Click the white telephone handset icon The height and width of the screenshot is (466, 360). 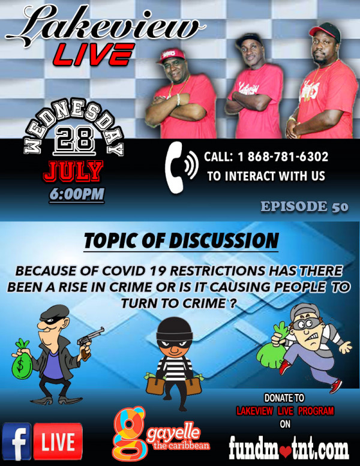pyautogui.click(x=174, y=167)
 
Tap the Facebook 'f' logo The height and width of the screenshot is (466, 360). pyautogui.click(x=16, y=441)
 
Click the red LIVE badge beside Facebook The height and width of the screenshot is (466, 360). pyautogui.click(x=58, y=441)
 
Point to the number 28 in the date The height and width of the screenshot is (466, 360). pyautogui.click(x=74, y=139)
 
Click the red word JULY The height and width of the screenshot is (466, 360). pyautogui.click(x=73, y=172)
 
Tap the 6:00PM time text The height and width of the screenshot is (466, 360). pyautogui.click(x=77, y=195)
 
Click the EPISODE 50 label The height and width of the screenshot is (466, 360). pyautogui.click(x=304, y=207)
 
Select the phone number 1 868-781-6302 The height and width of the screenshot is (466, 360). pyautogui.click(x=283, y=157)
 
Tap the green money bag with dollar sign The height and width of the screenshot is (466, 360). pyautogui.click(x=22, y=359)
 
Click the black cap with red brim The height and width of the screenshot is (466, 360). pyautogui.click(x=326, y=31)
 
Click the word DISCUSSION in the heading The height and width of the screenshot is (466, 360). pyautogui.click(x=224, y=240)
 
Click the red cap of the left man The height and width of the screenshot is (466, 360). pyautogui.click(x=170, y=55)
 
